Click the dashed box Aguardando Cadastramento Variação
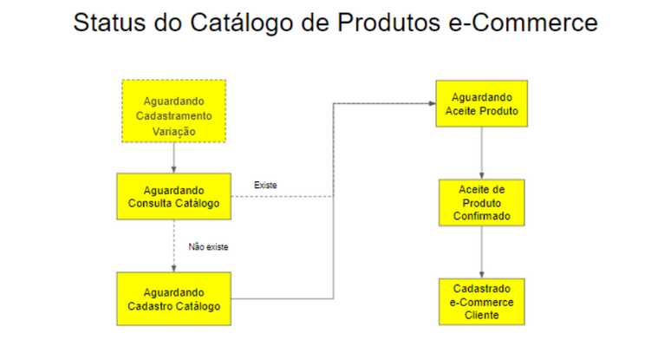173,110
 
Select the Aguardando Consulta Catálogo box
173,196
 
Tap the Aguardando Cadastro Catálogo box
173,298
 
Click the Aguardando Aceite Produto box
482,104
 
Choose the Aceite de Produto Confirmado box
482,202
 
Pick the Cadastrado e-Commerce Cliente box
482,302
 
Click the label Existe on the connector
264,185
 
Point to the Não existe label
208,247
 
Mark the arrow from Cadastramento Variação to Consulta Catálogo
173,157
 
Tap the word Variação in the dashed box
173,131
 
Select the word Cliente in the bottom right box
482,315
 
